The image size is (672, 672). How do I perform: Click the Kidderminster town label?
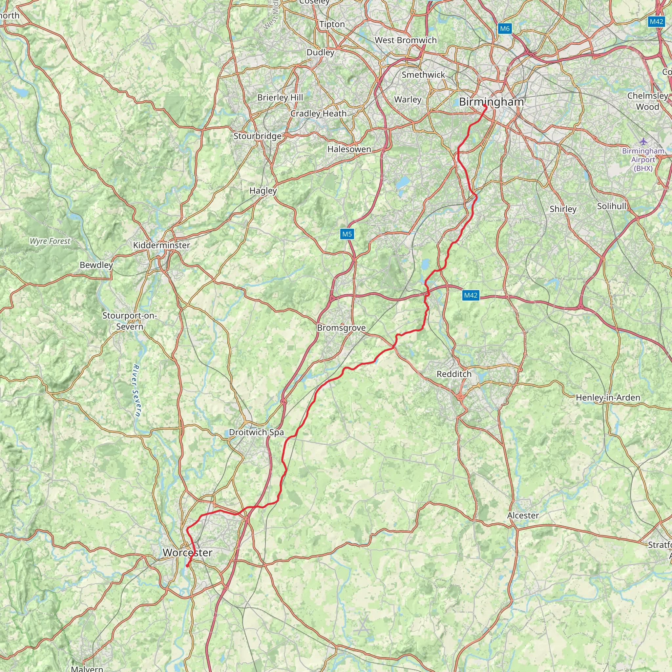(161, 245)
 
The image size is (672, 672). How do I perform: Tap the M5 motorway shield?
(347, 234)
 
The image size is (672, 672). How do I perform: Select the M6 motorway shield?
(504, 29)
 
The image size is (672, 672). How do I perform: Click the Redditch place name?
(454, 374)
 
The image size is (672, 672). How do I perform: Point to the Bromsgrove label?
(341, 328)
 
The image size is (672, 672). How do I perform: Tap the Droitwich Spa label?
(256, 432)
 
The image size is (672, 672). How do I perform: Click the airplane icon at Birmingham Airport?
(643, 141)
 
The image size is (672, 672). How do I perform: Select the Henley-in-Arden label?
(608, 398)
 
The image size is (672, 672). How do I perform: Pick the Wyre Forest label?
(50, 241)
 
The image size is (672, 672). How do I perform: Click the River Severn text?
(137, 390)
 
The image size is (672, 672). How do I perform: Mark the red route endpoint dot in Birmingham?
(485, 105)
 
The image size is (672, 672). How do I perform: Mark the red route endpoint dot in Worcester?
(187, 566)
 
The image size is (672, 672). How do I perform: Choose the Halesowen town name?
(349, 149)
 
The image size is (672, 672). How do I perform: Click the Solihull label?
(612, 206)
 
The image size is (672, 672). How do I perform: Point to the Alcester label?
(523, 515)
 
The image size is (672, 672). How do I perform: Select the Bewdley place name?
(96, 265)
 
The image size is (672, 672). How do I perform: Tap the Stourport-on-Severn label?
(129, 321)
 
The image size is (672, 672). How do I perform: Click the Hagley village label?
(263, 191)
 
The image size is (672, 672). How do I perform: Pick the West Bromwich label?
(406, 40)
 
